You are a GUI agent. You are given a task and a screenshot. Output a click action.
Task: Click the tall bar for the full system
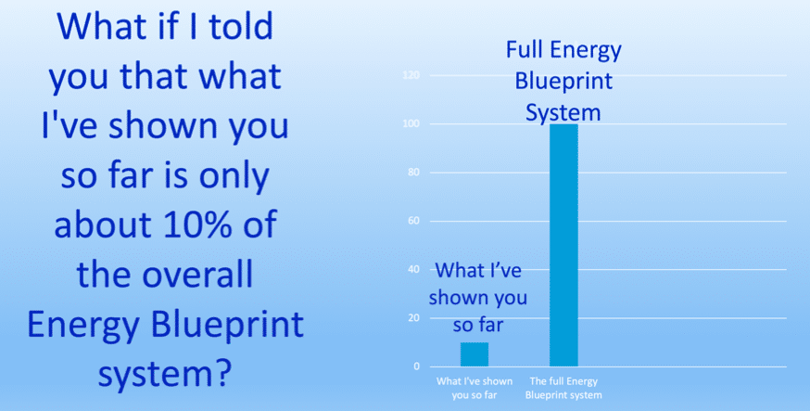pos(563,245)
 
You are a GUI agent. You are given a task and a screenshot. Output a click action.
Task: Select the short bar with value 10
pos(475,354)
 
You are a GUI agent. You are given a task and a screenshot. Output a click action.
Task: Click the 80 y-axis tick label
pos(413,173)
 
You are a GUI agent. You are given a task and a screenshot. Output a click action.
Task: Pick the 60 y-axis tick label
pos(413,221)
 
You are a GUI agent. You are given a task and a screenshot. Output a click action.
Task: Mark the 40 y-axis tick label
pos(413,269)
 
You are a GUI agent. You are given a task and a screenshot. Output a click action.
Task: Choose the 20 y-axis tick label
pos(413,318)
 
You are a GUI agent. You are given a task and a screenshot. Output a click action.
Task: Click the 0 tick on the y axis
pos(416,366)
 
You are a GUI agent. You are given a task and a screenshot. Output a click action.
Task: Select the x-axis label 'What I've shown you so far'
pos(475,389)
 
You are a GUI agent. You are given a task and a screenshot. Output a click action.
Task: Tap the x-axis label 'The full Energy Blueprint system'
pos(563,389)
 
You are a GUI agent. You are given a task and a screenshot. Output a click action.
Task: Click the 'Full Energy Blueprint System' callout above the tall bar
pos(563,82)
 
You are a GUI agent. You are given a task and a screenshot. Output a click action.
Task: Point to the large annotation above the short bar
pos(478,299)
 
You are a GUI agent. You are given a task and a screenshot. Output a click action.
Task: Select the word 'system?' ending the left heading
pos(164,372)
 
